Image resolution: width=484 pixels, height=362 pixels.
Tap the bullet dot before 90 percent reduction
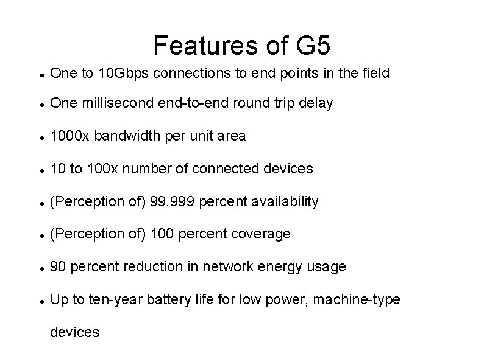(x=39, y=268)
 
